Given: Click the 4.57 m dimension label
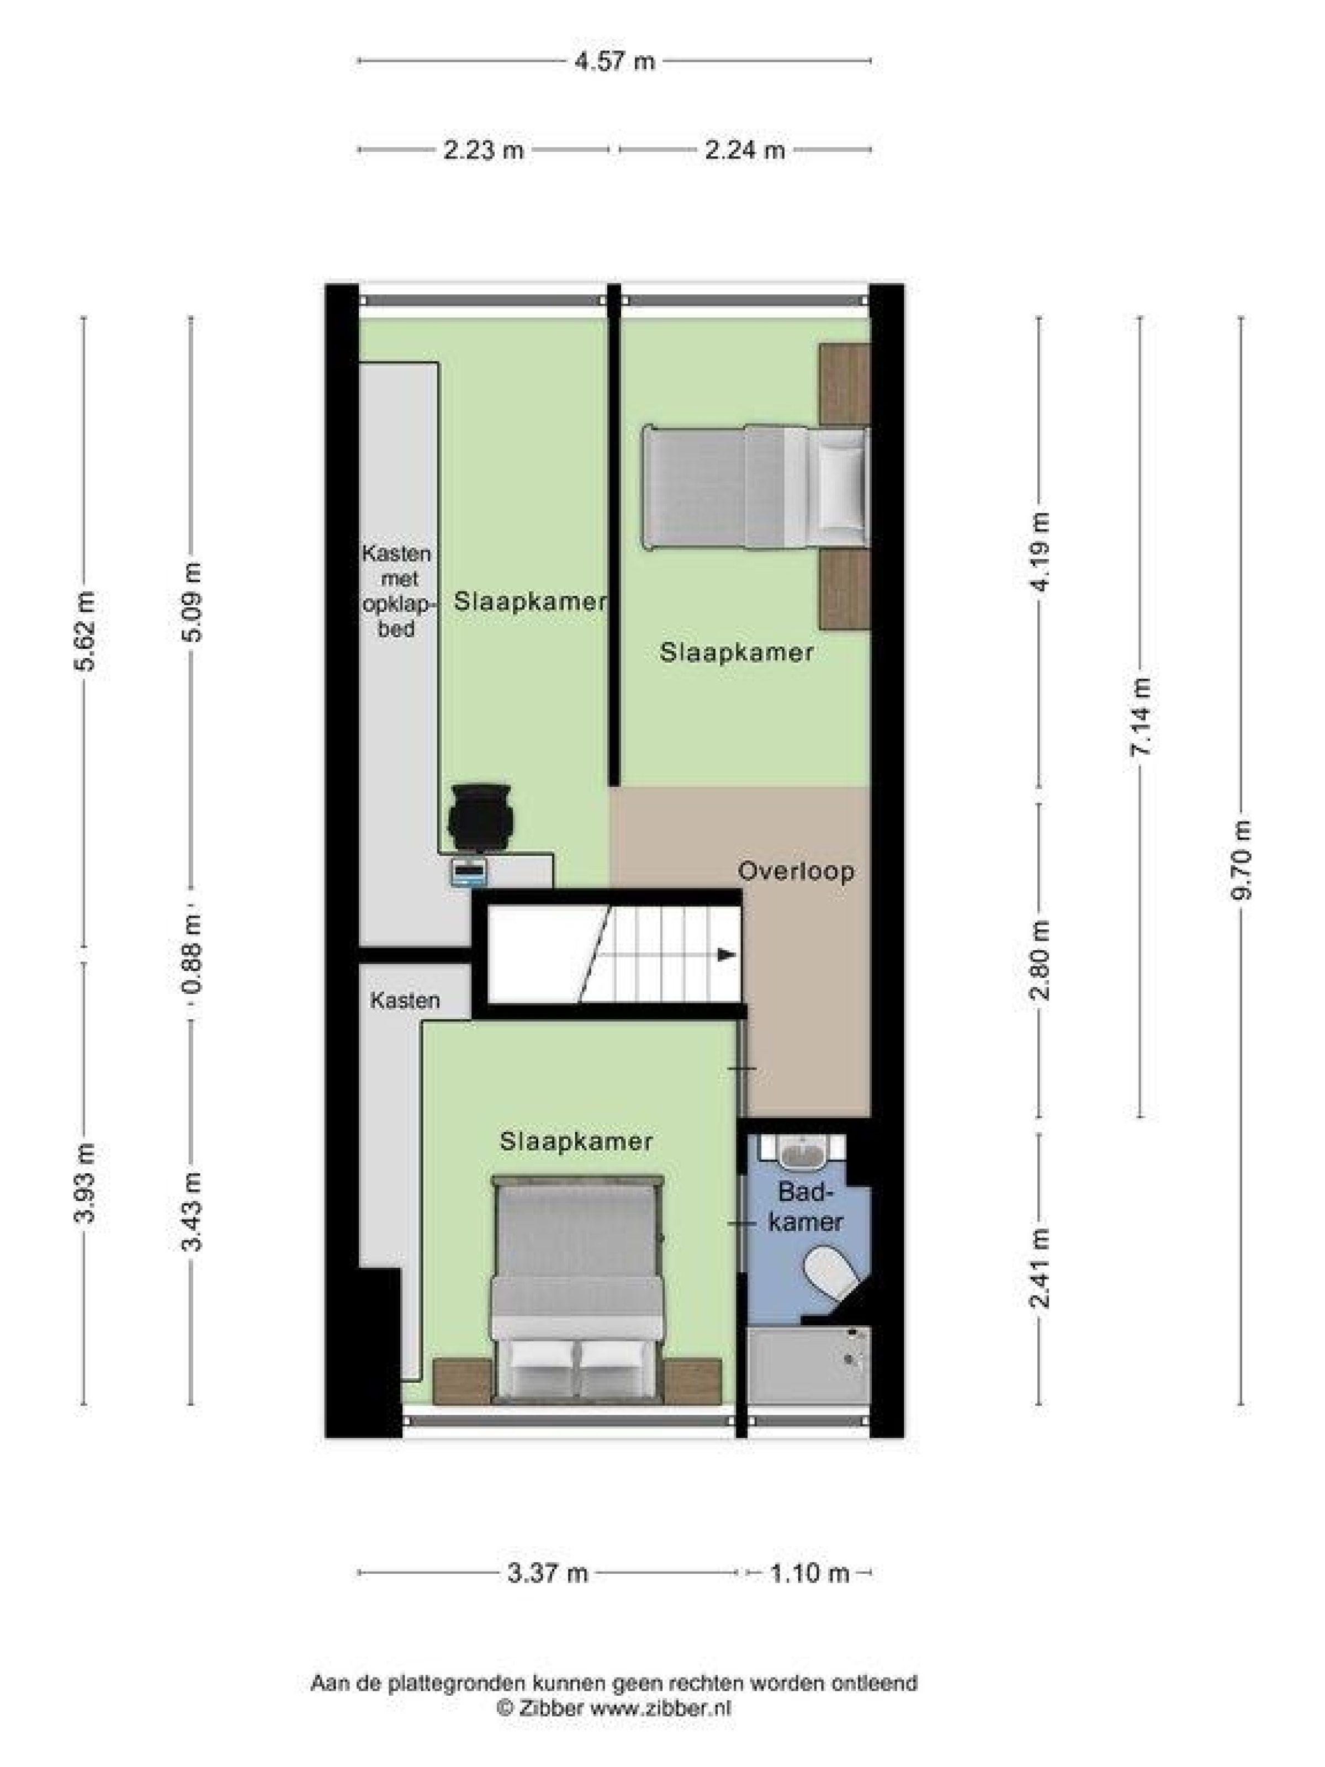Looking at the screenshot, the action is click(614, 61).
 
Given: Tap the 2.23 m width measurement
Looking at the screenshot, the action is click(483, 150).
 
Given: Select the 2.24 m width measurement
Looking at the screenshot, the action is click(744, 150).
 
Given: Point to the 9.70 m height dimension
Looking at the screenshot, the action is click(1241, 860).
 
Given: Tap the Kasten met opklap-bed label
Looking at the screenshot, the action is click(397, 591).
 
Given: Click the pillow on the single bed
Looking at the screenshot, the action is click(842, 486).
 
